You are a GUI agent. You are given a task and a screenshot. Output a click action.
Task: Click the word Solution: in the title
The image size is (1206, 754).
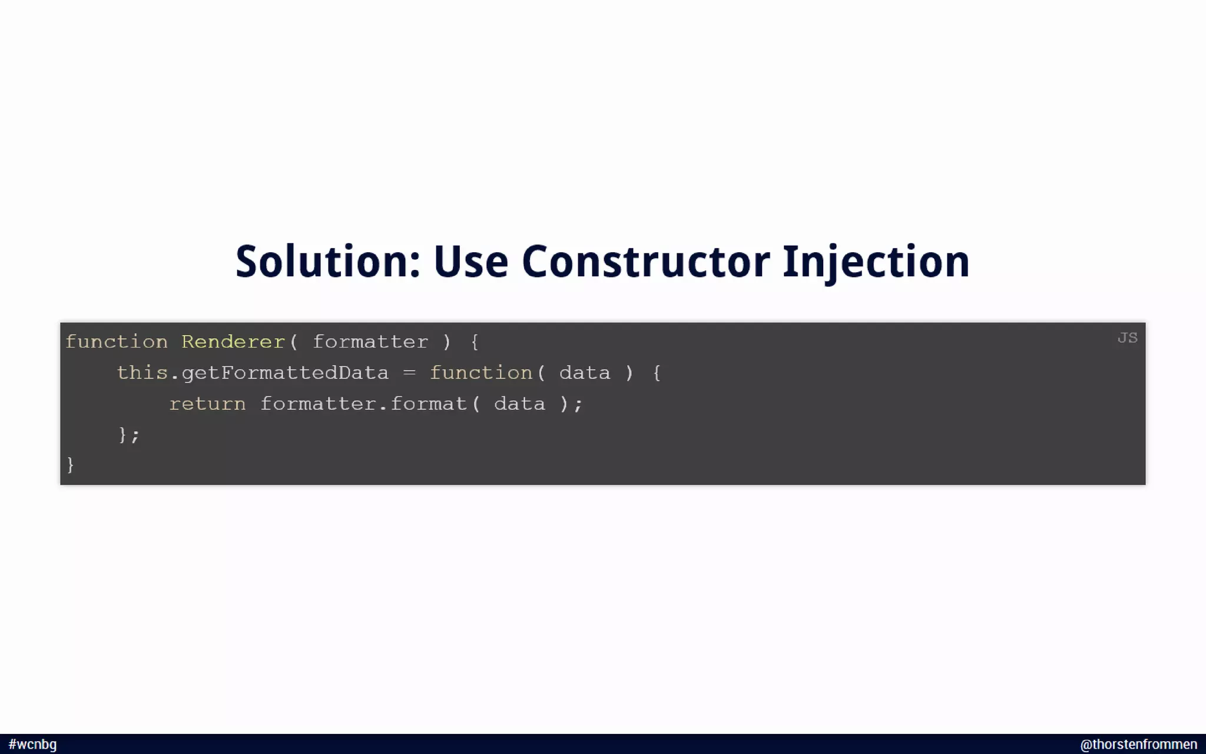click(x=327, y=262)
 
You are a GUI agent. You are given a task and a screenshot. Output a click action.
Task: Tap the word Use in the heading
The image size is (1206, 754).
click(x=471, y=262)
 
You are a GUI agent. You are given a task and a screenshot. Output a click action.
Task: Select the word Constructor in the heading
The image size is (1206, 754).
click(x=645, y=262)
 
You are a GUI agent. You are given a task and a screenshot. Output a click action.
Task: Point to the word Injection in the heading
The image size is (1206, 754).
click(x=876, y=262)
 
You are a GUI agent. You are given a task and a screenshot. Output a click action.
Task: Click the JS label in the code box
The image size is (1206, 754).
click(x=1127, y=338)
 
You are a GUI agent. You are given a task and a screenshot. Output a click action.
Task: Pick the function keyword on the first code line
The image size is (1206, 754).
click(x=117, y=342)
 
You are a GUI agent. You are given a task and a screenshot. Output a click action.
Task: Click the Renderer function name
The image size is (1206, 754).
click(x=233, y=342)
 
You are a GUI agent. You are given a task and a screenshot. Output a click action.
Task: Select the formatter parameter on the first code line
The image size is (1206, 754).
click(x=370, y=342)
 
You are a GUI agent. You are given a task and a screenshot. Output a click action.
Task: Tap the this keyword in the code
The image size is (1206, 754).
click(x=143, y=373)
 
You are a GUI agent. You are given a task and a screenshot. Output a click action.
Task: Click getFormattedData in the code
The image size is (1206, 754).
click(x=285, y=373)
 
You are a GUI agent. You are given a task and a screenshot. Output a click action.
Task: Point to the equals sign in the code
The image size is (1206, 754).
click(x=409, y=373)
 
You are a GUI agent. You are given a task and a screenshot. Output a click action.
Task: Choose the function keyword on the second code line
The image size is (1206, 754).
click(x=481, y=373)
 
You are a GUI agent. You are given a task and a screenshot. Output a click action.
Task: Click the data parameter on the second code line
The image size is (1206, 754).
click(x=585, y=373)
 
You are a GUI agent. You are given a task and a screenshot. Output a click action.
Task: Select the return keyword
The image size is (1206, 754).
click(x=207, y=404)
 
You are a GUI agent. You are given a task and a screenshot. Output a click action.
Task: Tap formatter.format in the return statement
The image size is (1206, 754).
click(x=363, y=404)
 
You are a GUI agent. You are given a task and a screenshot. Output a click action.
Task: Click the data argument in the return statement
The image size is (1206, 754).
click(x=519, y=404)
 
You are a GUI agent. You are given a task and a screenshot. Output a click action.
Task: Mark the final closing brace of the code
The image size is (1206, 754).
click(x=71, y=465)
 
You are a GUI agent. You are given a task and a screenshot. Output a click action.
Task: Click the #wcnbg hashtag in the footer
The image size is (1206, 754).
click(x=33, y=745)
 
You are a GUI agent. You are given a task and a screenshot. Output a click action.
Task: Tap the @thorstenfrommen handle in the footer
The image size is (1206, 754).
click(x=1138, y=745)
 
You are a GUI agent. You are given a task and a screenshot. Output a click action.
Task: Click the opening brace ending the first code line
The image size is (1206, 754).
click(x=475, y=342)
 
